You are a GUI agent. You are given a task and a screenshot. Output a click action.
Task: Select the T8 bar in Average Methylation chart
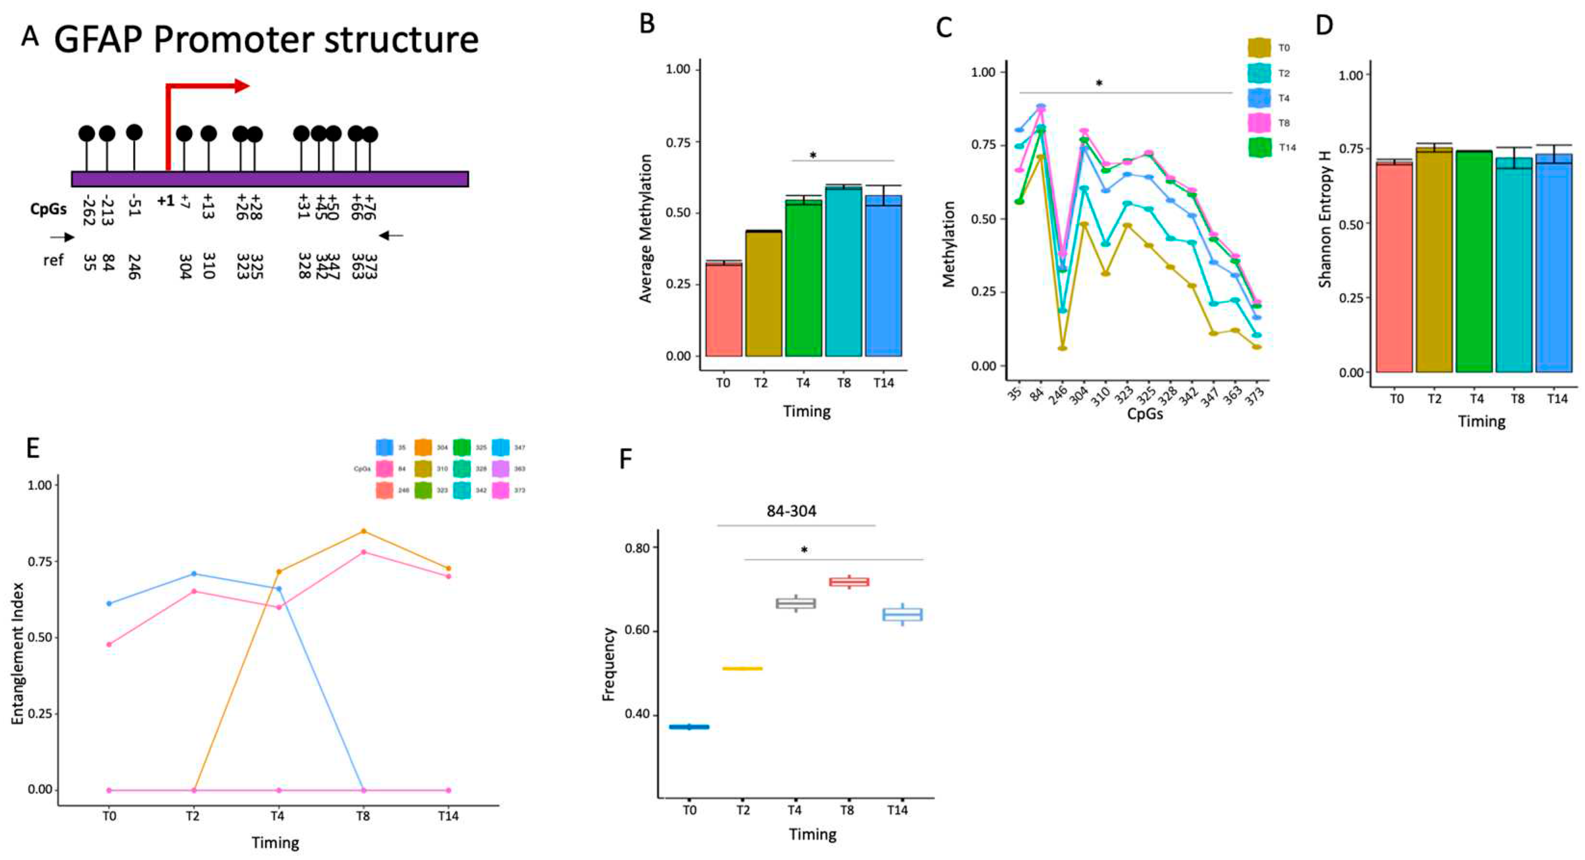point(844,271)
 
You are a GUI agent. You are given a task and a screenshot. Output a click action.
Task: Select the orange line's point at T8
point(363,531)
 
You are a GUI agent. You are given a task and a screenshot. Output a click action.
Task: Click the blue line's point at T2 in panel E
point(194,574)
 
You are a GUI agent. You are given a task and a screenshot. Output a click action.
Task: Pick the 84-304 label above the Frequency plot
point(791,511)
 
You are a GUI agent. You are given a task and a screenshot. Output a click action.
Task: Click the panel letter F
point(625,459)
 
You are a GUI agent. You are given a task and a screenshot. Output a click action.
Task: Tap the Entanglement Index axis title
point(17,653)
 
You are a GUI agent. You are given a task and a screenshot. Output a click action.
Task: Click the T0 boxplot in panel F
point(689,727)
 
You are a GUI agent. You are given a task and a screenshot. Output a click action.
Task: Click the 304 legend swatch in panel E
point(423,448)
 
